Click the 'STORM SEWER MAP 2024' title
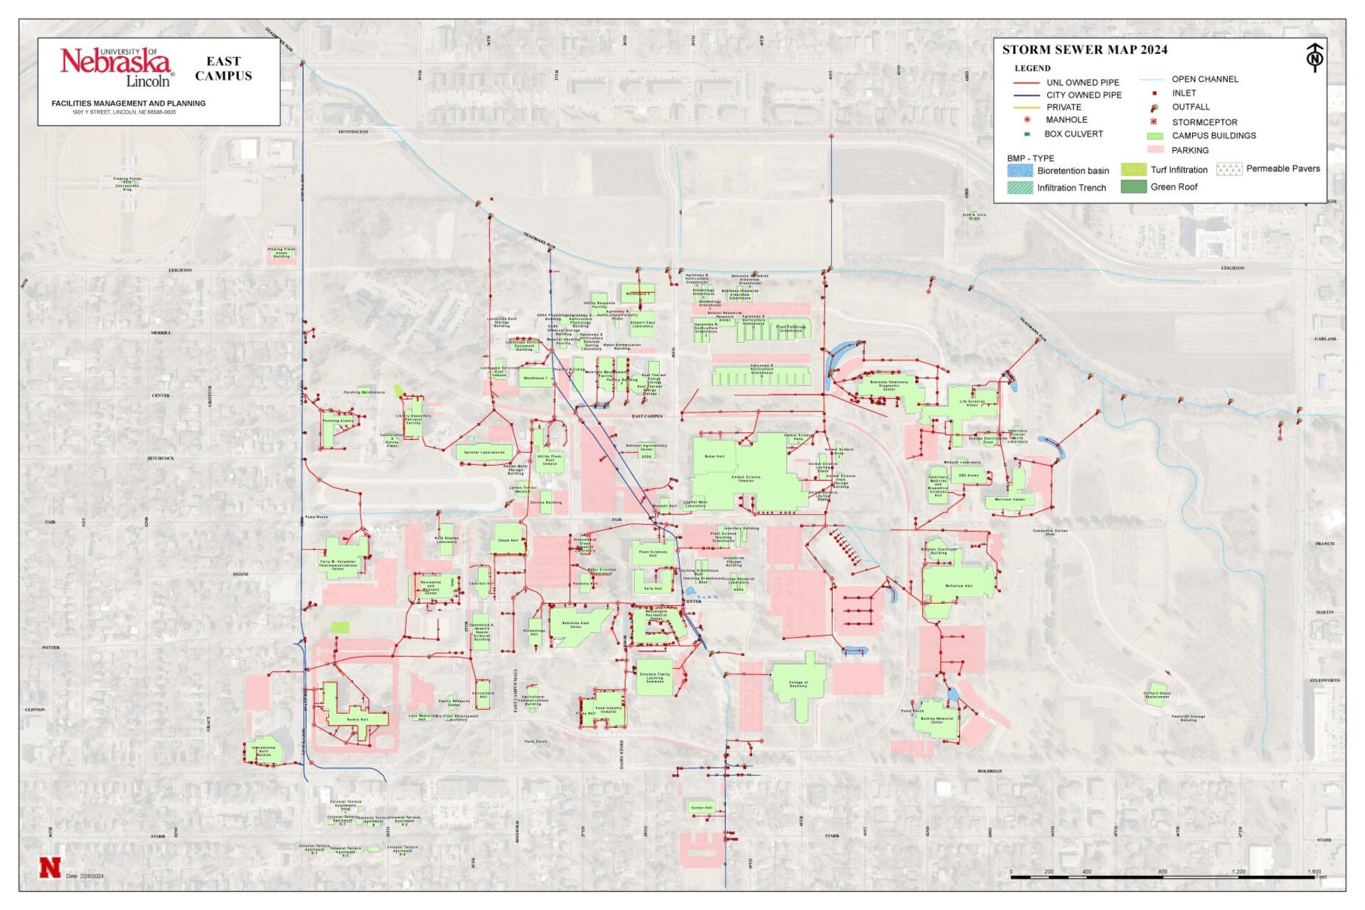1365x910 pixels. (x=1084, y=50)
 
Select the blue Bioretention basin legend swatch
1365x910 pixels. (x=1019, y=171)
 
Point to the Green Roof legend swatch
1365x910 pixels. (x=1133, y=187)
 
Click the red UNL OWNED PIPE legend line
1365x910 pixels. (x=1026, y=82)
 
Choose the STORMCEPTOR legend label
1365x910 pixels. (x=1204, y=122)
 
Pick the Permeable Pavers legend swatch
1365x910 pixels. (x=1228, y=169)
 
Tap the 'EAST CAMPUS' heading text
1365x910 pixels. (x=223, y=68)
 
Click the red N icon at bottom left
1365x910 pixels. (x=50, y=868)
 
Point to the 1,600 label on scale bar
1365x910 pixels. (x=1313, y=872)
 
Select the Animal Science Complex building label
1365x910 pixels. (x=746, y=478)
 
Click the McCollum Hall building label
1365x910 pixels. (x=958, y=586)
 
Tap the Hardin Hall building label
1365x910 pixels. (x=358, y=719)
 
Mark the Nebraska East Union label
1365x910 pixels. (x=576, y=625)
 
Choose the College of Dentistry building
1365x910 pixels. (x=798, y=684)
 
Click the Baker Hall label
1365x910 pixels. (x=714, y=456)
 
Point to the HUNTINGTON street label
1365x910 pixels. (x=353, y=132)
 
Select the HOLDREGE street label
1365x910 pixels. (x=989, y=771)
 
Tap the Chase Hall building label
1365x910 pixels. (x=508, y=540)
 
